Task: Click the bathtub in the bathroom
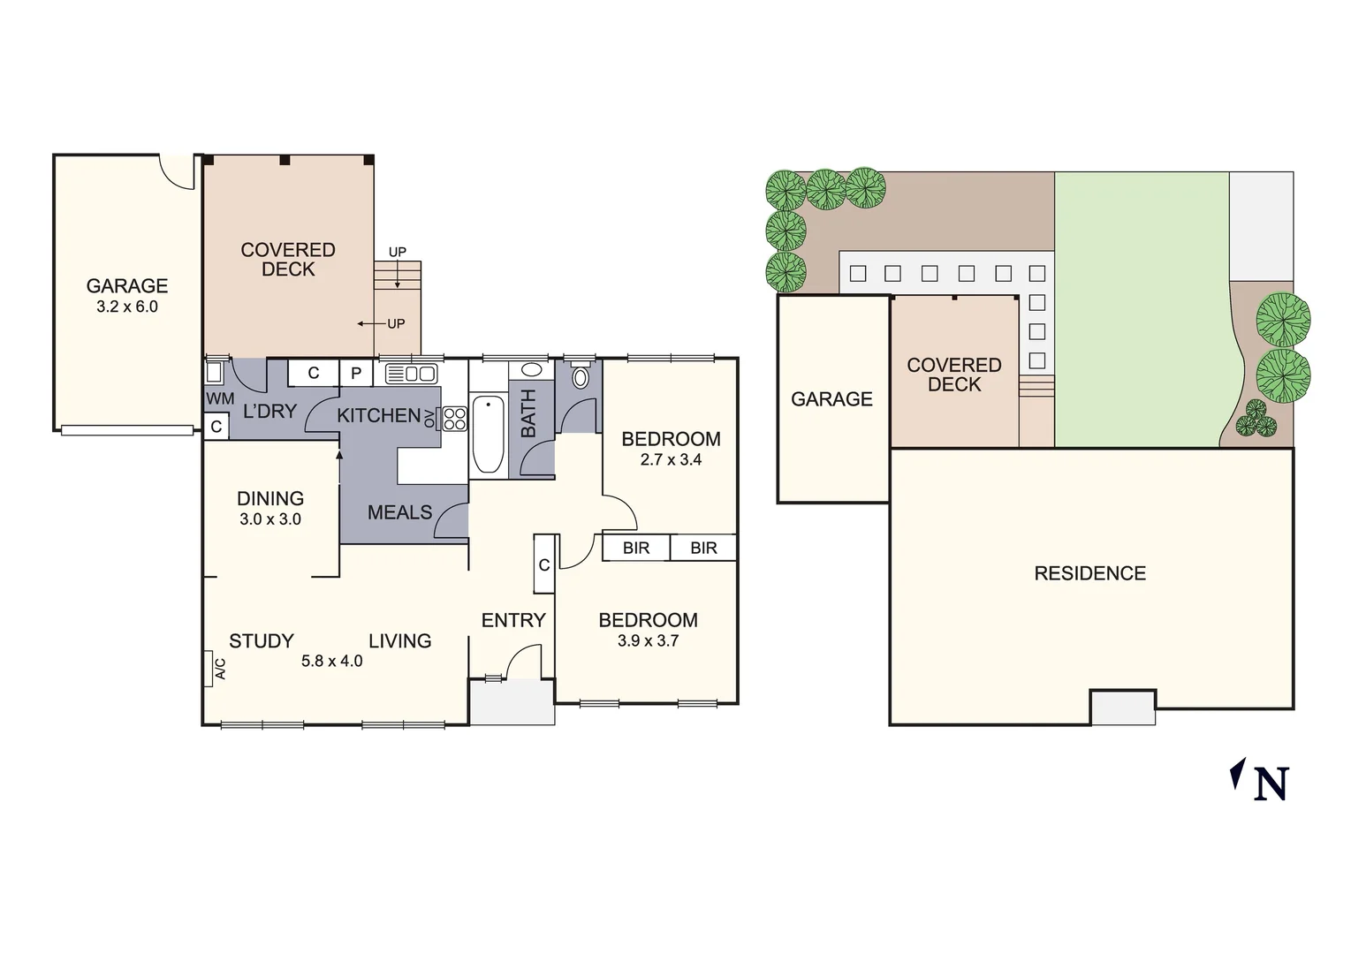(x=488, y=434)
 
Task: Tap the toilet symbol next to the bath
(x=580, y=378)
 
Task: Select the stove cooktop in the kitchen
(x=454, y=419)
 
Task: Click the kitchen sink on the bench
(x=411, y=373)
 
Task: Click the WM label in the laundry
(x=220, y=398)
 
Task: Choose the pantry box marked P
(x=356, y=374)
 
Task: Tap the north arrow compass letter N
(x=1271, y=783)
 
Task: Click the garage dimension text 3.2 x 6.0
(x=127, y=307)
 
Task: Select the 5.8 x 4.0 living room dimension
(x=331, y=661)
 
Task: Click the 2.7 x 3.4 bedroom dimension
(x=671, y=459)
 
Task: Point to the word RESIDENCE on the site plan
(x=1089, y=573)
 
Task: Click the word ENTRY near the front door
(x=512, y=620)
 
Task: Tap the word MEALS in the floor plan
(x=399, y=512)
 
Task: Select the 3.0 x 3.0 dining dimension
(x=270, y=519)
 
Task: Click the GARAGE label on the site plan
(x=831, y=399)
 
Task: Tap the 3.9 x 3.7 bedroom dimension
(x=648, y=641)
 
